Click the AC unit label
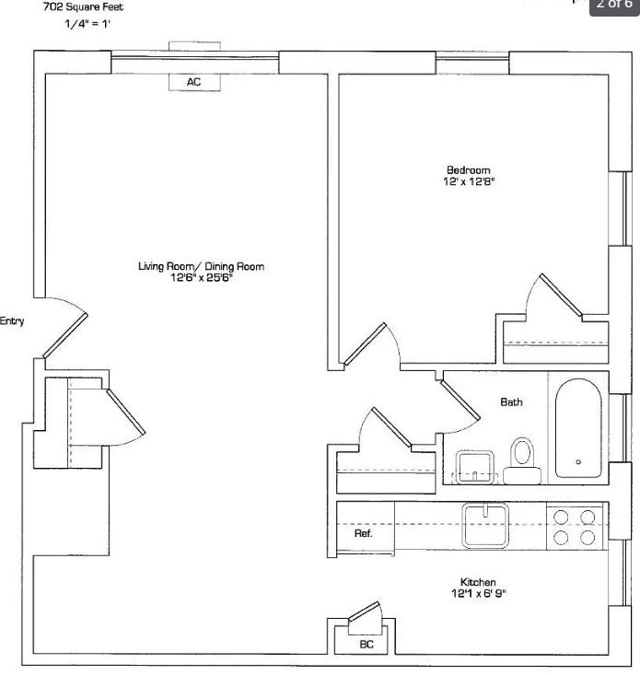(193, 82)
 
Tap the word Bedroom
(468, 169)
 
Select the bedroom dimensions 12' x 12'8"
(468, 181)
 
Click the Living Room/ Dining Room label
(201, 267)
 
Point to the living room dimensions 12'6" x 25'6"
(201, 278)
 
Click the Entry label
(12, 321)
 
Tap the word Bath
(511, 402)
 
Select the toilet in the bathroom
(523, 456)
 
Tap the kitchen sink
(486, 523)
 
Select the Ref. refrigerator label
(363, 534)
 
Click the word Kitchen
(478, 583)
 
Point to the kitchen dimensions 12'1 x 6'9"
(478, 594)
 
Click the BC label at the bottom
(367, 645)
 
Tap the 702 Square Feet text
(83, 6)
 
